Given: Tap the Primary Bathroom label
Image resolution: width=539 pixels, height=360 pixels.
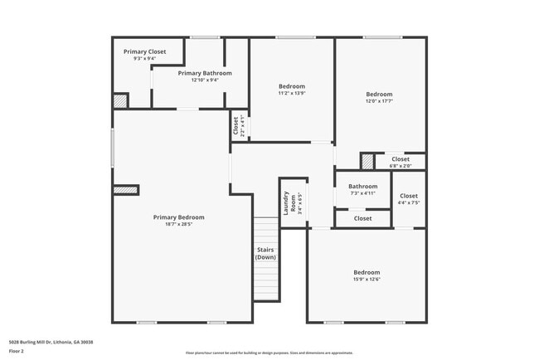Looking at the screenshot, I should coord(205,73).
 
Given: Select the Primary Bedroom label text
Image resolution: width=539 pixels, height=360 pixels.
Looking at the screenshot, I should coord(178,217).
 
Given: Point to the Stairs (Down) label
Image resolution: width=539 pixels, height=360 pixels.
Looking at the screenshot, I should coord(265,253).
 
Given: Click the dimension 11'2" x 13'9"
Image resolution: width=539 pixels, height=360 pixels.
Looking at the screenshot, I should coord(291,93).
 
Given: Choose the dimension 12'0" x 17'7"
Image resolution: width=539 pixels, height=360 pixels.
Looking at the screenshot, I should coord(379,101).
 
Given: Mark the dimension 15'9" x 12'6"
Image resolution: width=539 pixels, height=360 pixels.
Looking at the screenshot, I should coord(367,280).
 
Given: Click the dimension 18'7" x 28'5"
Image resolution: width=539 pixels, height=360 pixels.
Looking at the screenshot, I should coord(178,224).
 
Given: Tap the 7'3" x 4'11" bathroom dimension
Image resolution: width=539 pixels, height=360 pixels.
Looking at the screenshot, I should coord(362,193).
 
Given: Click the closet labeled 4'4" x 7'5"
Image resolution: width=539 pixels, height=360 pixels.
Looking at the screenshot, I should coord(409,202).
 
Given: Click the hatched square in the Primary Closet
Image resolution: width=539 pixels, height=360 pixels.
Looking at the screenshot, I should coord(121,100).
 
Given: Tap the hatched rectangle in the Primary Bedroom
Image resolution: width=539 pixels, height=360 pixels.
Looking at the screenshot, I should coord(125,190).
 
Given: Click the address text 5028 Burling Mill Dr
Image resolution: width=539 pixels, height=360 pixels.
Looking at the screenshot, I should coord(51,342).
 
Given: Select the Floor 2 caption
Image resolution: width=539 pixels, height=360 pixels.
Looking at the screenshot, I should coord(17,352).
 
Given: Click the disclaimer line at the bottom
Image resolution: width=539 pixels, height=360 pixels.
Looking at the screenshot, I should coord(269,353).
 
